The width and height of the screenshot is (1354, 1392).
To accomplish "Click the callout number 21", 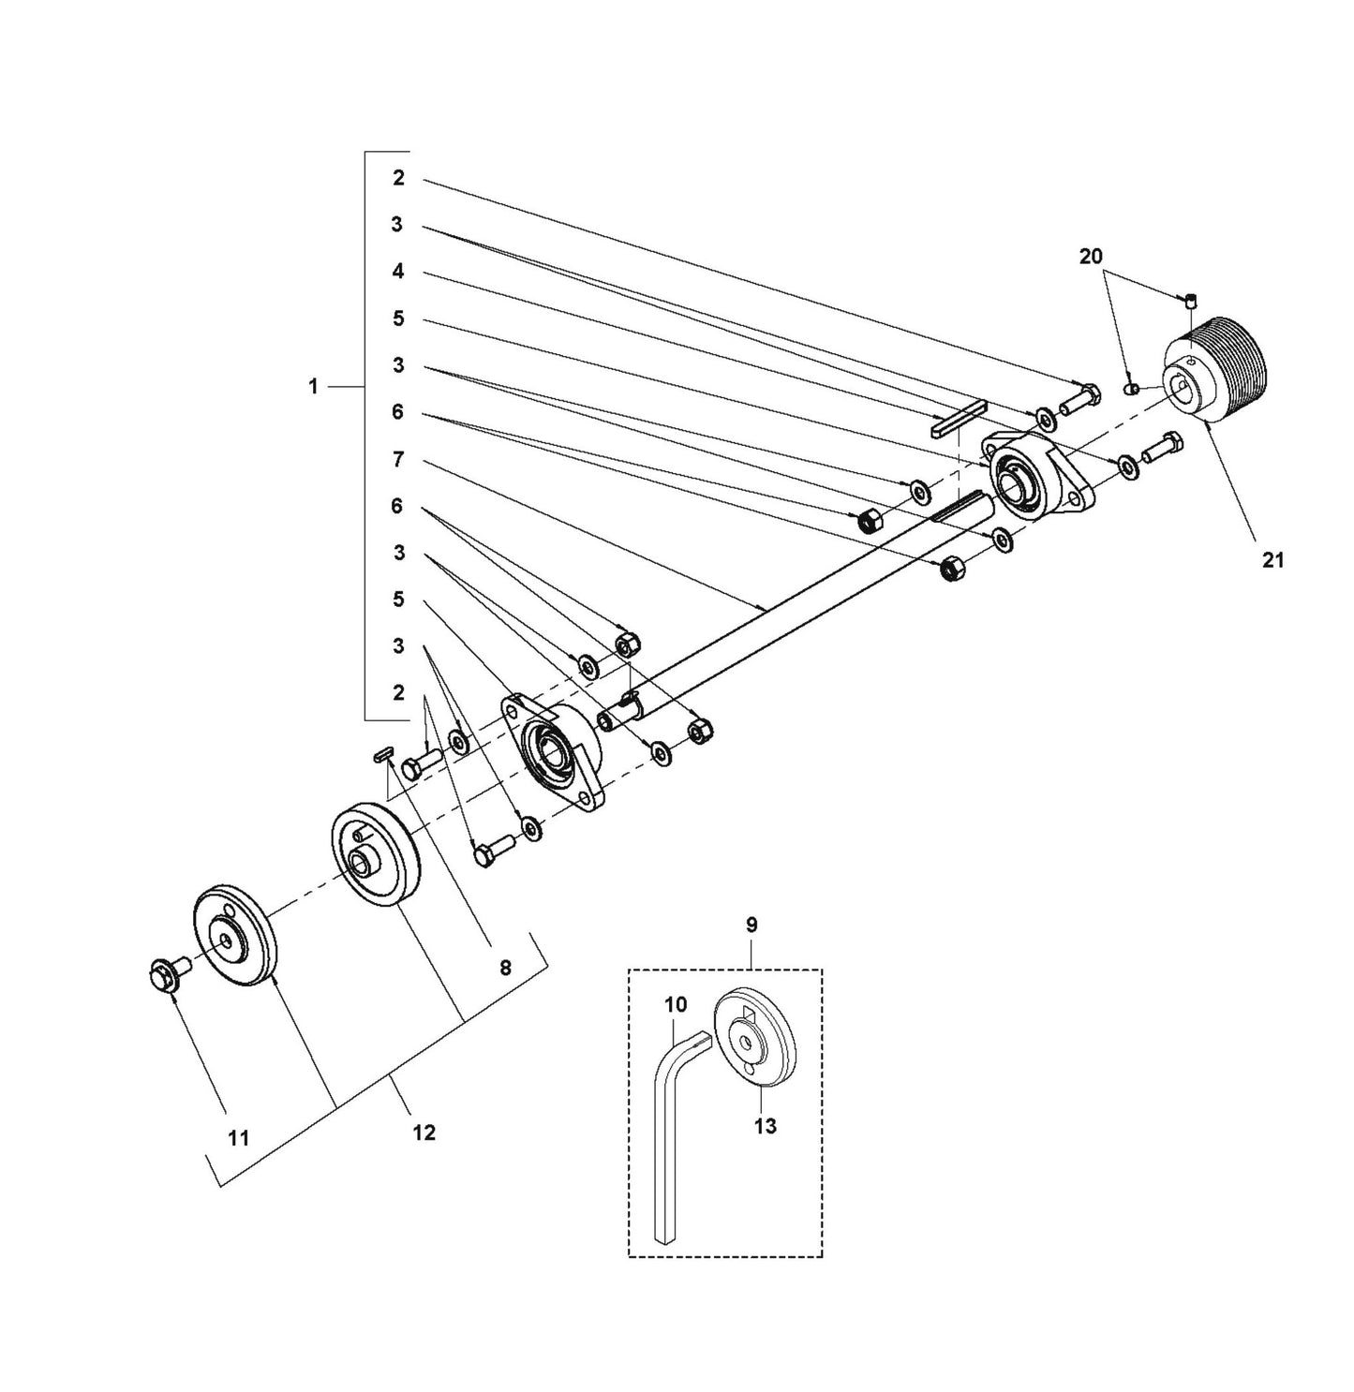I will pos(1272,560).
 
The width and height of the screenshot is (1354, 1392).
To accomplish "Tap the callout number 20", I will pos(1091,256).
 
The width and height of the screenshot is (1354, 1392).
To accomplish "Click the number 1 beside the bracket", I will pos(313,386).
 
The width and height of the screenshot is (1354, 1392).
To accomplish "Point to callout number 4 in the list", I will pos(398,272).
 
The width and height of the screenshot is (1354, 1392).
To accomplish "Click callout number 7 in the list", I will pos(398,459).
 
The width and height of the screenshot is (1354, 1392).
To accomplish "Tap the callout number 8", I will pos(505,968).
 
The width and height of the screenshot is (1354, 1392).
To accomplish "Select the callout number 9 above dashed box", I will pos(751,925).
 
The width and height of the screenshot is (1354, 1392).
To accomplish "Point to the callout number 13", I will pos(766,1126).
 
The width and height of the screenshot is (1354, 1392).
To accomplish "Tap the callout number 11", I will pos(239,1137).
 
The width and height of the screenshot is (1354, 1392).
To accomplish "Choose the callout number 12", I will pos(424,1133).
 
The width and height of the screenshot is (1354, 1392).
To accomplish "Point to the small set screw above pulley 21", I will pos(1190,301).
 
